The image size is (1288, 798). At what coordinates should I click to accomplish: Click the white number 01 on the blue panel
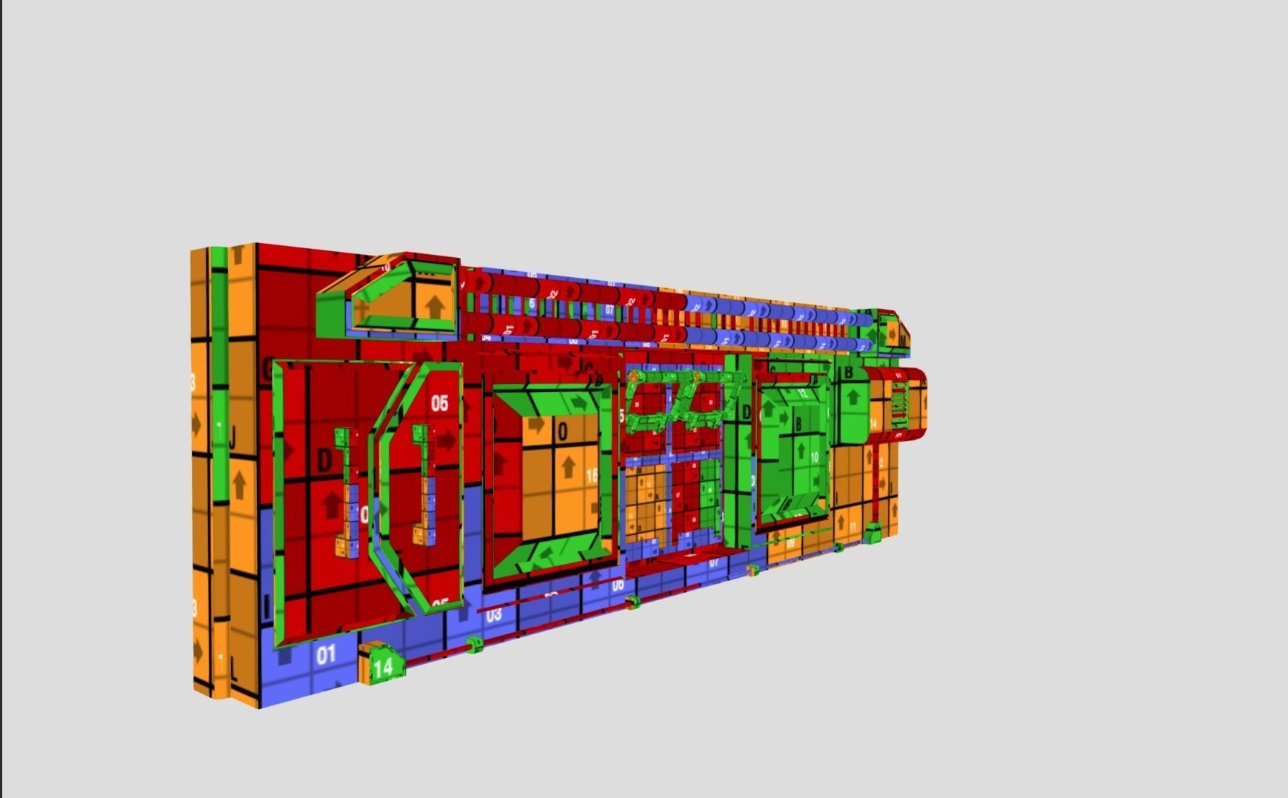[326, 655]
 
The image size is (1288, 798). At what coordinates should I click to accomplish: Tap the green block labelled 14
[383, 667]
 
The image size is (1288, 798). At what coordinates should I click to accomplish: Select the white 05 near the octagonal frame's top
[439, 402]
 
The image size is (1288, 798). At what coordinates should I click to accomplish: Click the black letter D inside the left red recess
[324, 461]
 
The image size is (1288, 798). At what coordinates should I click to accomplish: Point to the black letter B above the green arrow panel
[849, 373]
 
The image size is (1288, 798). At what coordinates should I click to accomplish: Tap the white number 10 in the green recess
[814, 458]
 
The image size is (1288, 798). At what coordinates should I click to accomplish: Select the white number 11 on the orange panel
[852, 527]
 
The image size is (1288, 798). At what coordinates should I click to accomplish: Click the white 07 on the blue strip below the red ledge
[714, 562]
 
